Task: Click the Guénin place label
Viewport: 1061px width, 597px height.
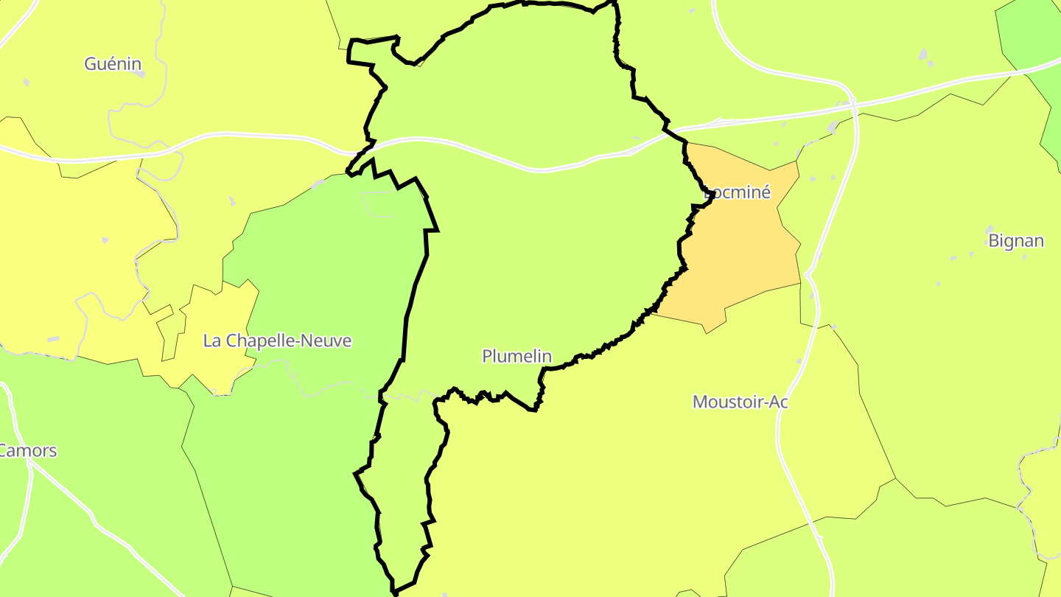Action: point(113,64)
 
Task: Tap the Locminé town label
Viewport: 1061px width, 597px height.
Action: point(738,193)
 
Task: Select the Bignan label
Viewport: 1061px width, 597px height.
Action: point(1016,241)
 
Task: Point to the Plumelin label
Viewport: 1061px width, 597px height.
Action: point(517,356)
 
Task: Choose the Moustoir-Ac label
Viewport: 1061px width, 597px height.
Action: point(740,402)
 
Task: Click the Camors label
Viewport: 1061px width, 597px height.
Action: point(28,450)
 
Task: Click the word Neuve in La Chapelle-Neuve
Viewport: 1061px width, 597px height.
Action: point(328,341)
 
